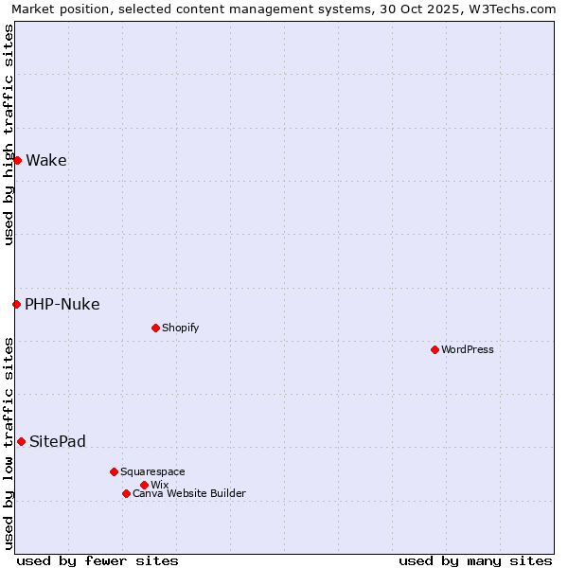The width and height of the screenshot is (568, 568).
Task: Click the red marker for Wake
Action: [17, 160]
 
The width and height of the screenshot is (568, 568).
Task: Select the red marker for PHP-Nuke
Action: [16, 304]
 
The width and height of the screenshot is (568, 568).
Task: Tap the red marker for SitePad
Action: [21, 441]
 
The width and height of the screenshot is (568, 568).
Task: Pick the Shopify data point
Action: [155, 328]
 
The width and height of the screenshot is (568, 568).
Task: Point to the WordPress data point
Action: [435, 349]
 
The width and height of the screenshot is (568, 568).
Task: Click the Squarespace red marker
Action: [114, 471]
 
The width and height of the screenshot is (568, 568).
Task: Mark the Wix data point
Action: [144, 485]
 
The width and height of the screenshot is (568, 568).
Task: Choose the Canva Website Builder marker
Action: [126, 493]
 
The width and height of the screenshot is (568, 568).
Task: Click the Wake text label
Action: [45, 160]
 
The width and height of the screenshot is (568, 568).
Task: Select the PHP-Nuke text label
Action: [62, 304]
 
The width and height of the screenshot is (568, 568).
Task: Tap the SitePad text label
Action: [57, 441]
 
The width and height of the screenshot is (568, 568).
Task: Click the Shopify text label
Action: [180, 328]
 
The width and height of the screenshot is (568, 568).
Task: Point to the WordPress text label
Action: [468, 349]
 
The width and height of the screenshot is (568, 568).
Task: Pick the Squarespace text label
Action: [152, 471]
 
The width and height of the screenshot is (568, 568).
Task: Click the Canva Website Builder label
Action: [189, 493]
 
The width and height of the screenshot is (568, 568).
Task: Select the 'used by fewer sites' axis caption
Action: [98, 560]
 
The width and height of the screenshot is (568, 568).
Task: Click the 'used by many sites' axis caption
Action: [475, 560]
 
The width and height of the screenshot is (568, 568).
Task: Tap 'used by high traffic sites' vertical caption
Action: [9, 134]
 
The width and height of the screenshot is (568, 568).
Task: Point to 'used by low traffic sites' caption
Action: [9, 442]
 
